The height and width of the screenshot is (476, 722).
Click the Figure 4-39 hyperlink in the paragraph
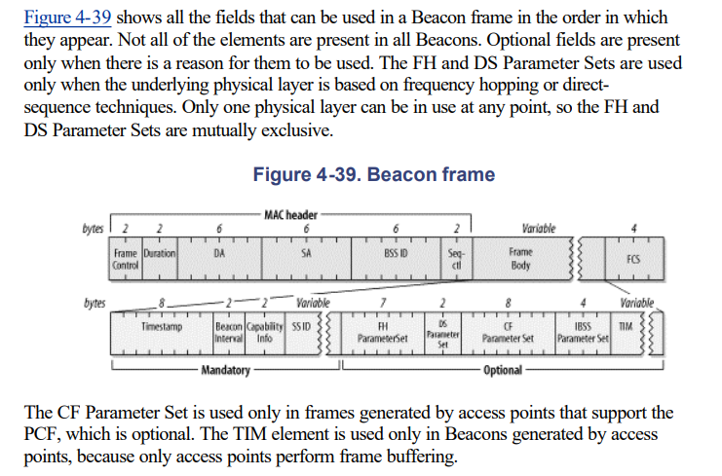point(58,18)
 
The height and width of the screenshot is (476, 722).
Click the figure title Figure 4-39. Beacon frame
point(373,175)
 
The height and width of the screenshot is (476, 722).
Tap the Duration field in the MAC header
point(159,255)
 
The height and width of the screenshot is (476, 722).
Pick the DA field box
point(219,255)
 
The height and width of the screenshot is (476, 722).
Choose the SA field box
point(305,255)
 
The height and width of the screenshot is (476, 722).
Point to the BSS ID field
point(394,255)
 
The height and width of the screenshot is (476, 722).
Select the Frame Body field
point(519,258)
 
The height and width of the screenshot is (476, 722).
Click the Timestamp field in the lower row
point(161,328)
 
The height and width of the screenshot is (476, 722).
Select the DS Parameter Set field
point(442,332)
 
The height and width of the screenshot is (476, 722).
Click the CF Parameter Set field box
point(508,332)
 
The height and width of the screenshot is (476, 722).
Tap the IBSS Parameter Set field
point(582,332)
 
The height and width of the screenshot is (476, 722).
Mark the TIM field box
point(627,328)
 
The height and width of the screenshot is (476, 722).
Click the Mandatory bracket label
point(225,370)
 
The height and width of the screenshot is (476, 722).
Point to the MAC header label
point(289,214)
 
